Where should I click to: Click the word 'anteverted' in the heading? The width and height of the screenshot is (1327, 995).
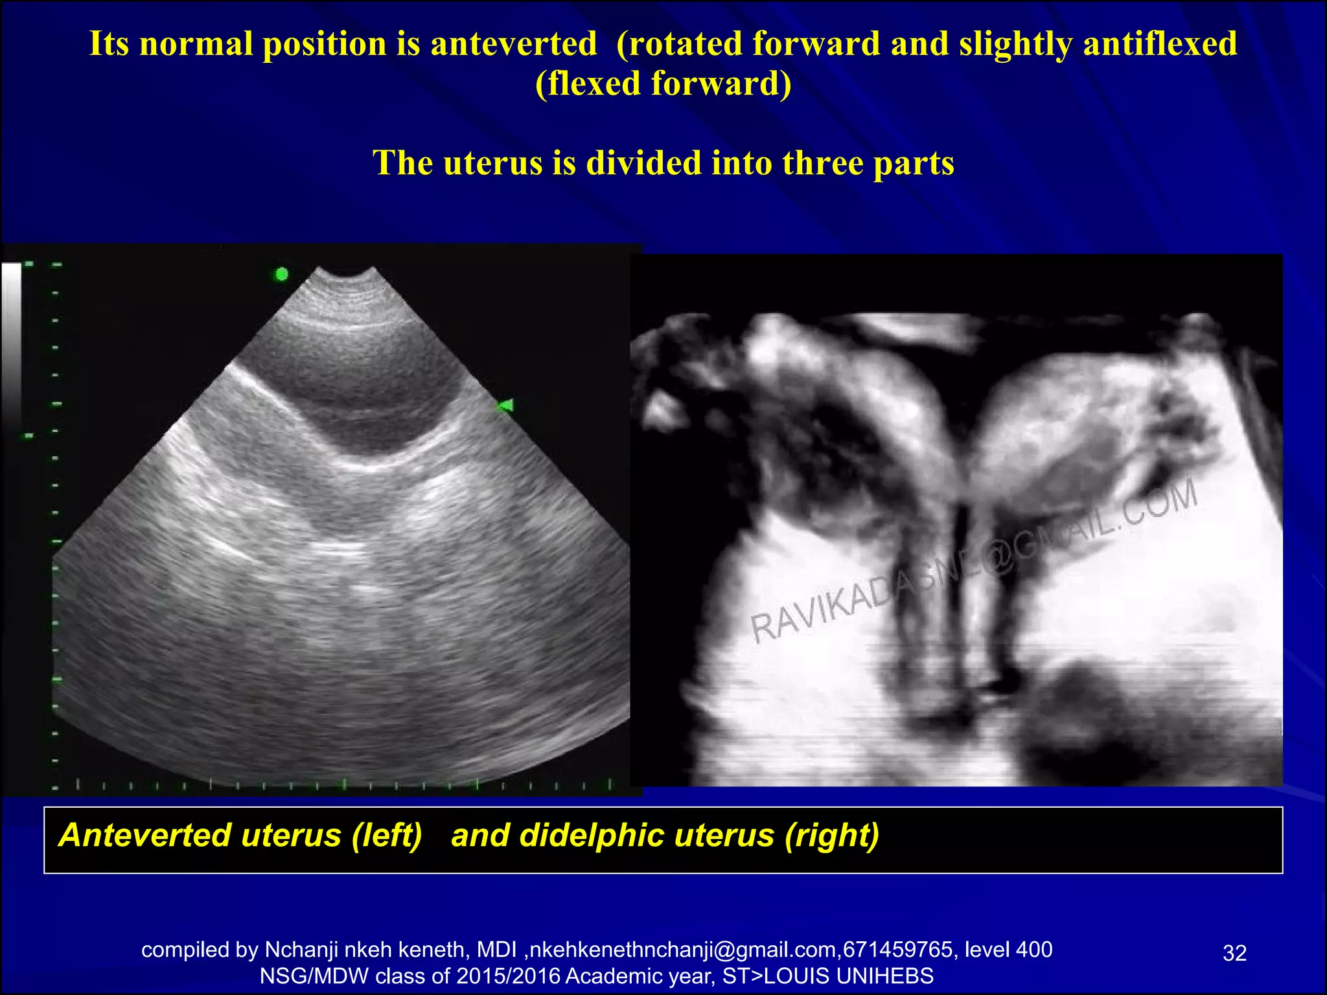513,44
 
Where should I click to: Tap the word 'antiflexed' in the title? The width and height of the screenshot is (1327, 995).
1160,44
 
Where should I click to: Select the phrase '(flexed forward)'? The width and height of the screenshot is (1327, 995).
663,84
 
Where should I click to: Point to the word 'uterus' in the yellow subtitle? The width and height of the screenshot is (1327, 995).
492,163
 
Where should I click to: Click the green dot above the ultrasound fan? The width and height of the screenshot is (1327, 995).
282,274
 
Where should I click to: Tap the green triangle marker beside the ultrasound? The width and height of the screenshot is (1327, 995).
505,406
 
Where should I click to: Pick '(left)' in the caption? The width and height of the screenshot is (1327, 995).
387,835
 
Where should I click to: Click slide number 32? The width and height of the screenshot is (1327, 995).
1234,953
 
